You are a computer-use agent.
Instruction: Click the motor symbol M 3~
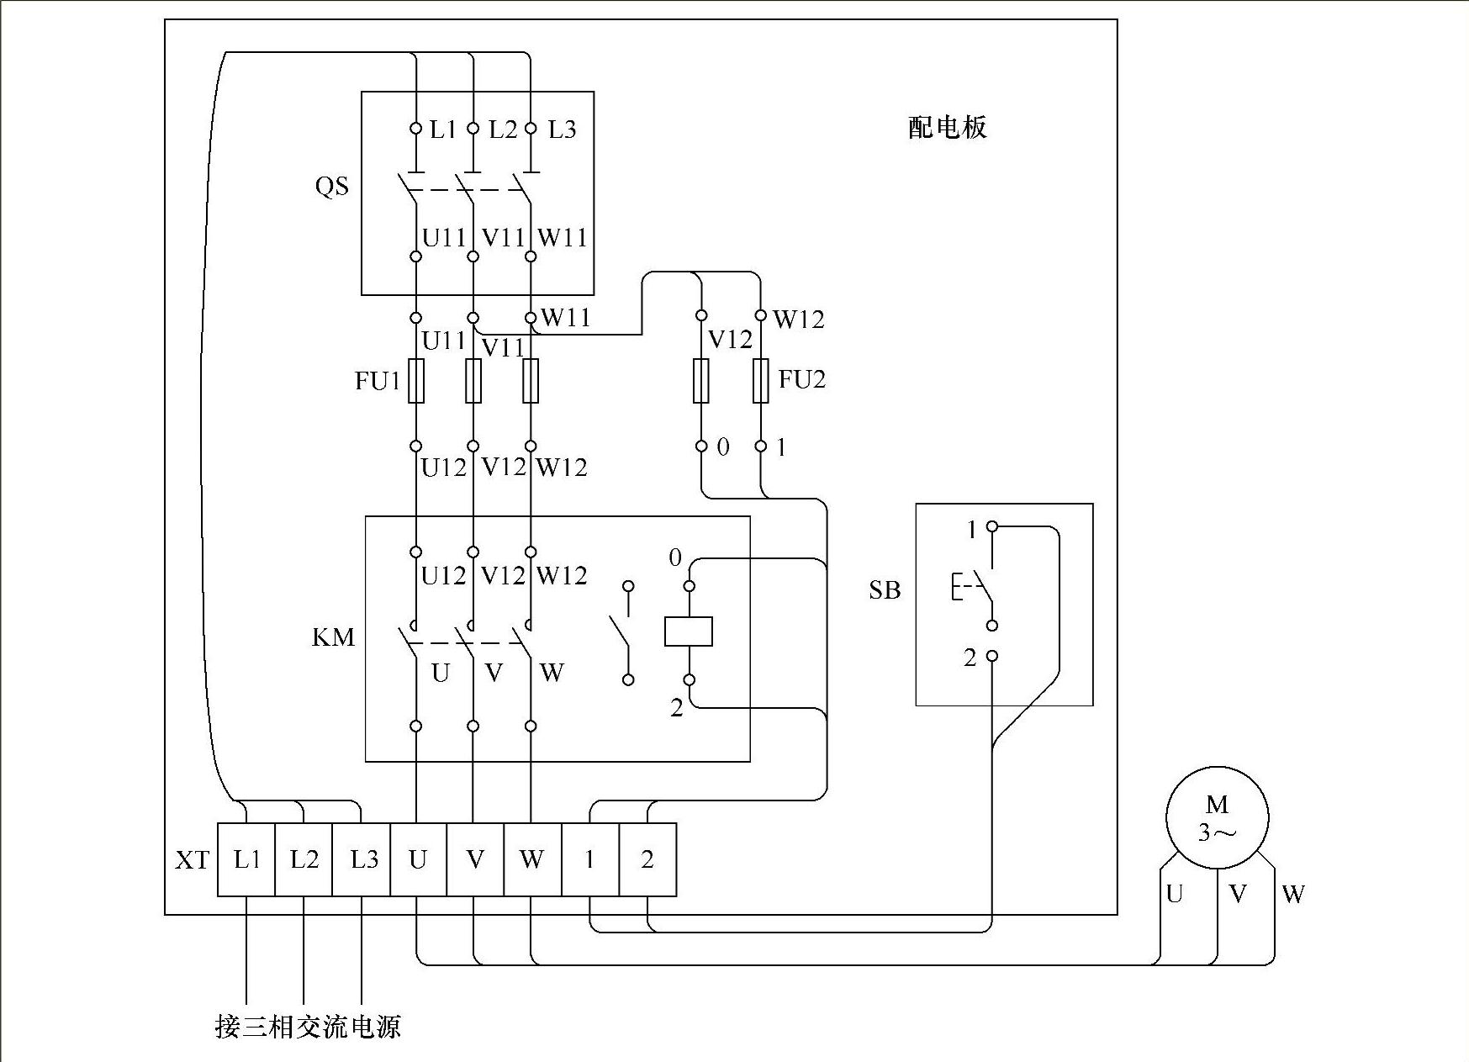point(1217,817)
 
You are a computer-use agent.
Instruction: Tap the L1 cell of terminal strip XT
point(246,859)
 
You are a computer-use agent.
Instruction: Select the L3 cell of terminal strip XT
point(362,859)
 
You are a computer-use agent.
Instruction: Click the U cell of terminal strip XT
point(418,859)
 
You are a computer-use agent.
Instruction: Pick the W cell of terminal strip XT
point(531,859)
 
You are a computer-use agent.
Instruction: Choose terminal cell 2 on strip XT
point(647,859)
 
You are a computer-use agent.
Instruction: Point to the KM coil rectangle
point(689,631)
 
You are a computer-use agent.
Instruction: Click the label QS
point(331,186)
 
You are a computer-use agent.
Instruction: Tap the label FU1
point(378,381)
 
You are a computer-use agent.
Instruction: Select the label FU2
point(802,379)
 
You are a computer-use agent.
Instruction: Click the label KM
point(333,637)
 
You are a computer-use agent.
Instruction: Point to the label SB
point(885,590)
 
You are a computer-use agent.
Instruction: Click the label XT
point(192,860)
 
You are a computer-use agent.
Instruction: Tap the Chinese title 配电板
point(948,128)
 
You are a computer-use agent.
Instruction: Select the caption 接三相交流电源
point(308,1027)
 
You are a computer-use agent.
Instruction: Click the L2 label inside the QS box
point(503,129)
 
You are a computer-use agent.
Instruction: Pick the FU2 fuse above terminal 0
point(701,381)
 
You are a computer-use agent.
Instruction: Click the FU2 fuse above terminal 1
point(761,381)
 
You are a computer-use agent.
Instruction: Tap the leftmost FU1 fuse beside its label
point(416,381)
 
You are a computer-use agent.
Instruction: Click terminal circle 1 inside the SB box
point(992,527)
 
